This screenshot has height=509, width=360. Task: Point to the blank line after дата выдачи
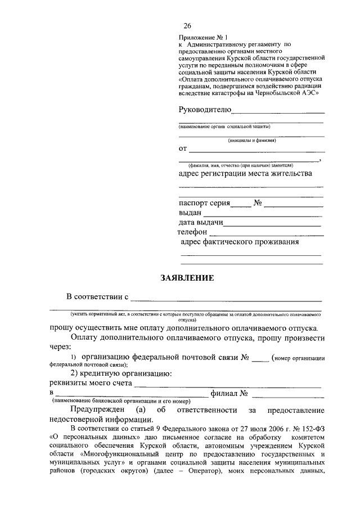272,223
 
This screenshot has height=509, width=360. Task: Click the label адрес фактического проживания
239,242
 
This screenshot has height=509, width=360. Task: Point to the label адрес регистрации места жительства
245,174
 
